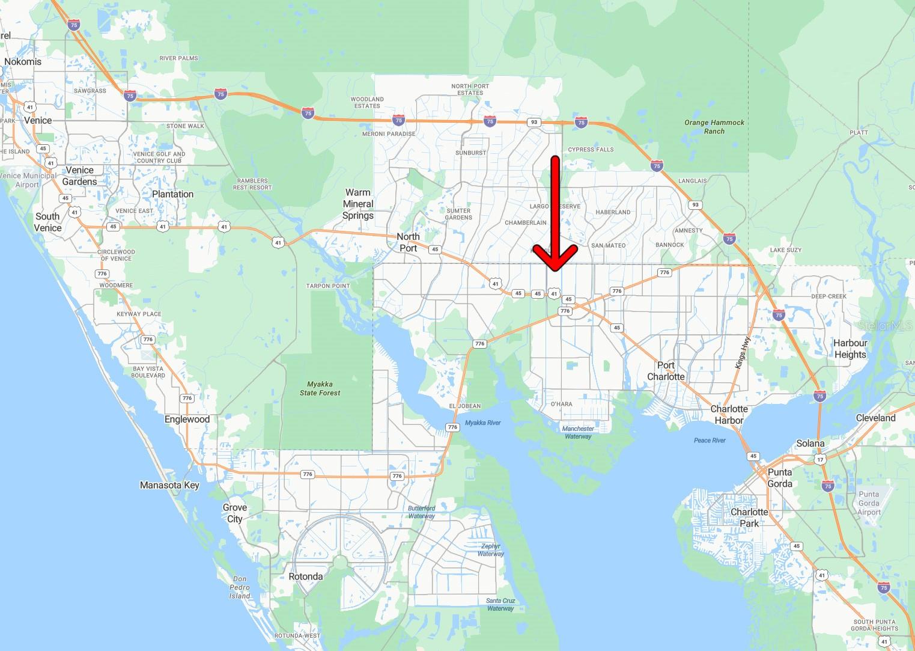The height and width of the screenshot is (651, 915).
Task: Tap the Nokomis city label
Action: pos(23,61)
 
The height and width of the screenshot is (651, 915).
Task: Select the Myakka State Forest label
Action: pos(320,388)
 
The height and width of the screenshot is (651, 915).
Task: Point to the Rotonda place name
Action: pos(306,576)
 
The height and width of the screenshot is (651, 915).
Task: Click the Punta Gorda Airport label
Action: pos(869,503)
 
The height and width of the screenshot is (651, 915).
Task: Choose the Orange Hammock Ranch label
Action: pos(714,126)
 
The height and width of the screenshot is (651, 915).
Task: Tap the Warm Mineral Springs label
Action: pos(358,204)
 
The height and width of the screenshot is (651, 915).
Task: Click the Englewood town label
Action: pos(187,420)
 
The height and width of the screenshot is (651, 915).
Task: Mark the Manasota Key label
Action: pos(169,485)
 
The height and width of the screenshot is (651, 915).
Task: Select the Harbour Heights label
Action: pos(850,349)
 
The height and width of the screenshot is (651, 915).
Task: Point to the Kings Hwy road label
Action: pos(743,352)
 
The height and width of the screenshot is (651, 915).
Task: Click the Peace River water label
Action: pos(710,441)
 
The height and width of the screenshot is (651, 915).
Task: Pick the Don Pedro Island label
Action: pos(239,587)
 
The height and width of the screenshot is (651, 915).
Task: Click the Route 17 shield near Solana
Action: pos(820,459)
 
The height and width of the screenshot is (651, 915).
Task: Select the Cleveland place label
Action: pos(875,418)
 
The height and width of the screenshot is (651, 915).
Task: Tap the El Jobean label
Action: pos(465,406)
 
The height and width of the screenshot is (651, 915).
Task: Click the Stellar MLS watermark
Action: pos(885,326)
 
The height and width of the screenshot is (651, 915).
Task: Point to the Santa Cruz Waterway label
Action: pos(500,604)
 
